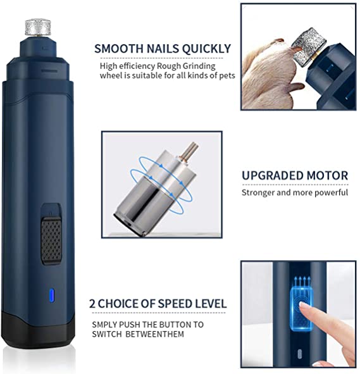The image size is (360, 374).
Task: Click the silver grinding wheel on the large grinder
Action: pyautogui.click(x=38, y=28)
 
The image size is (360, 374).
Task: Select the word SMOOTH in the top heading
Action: pyautogui.click(x=119, y=49)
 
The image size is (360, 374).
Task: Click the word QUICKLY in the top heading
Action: pyautogui.click(x=206, y=49)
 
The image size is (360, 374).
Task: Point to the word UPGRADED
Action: pyautogui.click(x=272, y=175)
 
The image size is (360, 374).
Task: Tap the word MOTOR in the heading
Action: pyautogui.click(x=327, y=175)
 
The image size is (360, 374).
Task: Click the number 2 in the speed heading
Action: pyautogui.click(x=92, y=304)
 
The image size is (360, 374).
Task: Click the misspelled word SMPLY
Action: pyautogui.click(x=104, y=325)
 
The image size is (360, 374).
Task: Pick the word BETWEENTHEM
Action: pyautogui.click(x=155, y=334)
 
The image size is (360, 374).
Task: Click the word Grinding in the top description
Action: pyautogui.click(x=199, y=66)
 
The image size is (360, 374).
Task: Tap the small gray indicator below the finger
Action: pyautogui.click(x=300, y=354)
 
